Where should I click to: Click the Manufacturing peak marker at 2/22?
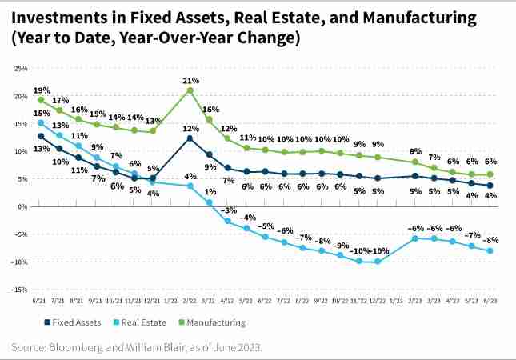[190, 90]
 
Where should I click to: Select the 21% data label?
[190, 80]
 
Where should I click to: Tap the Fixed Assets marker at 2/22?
[190, 138]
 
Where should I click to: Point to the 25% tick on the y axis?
[22, 69]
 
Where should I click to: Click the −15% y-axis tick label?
[20, 290]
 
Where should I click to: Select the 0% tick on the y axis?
[23, 206]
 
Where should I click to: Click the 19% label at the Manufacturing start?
[41, 90]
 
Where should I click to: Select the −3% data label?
[229, 210]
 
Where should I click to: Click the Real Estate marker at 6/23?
[490, 250]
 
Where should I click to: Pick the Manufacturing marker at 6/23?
[490, 174]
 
